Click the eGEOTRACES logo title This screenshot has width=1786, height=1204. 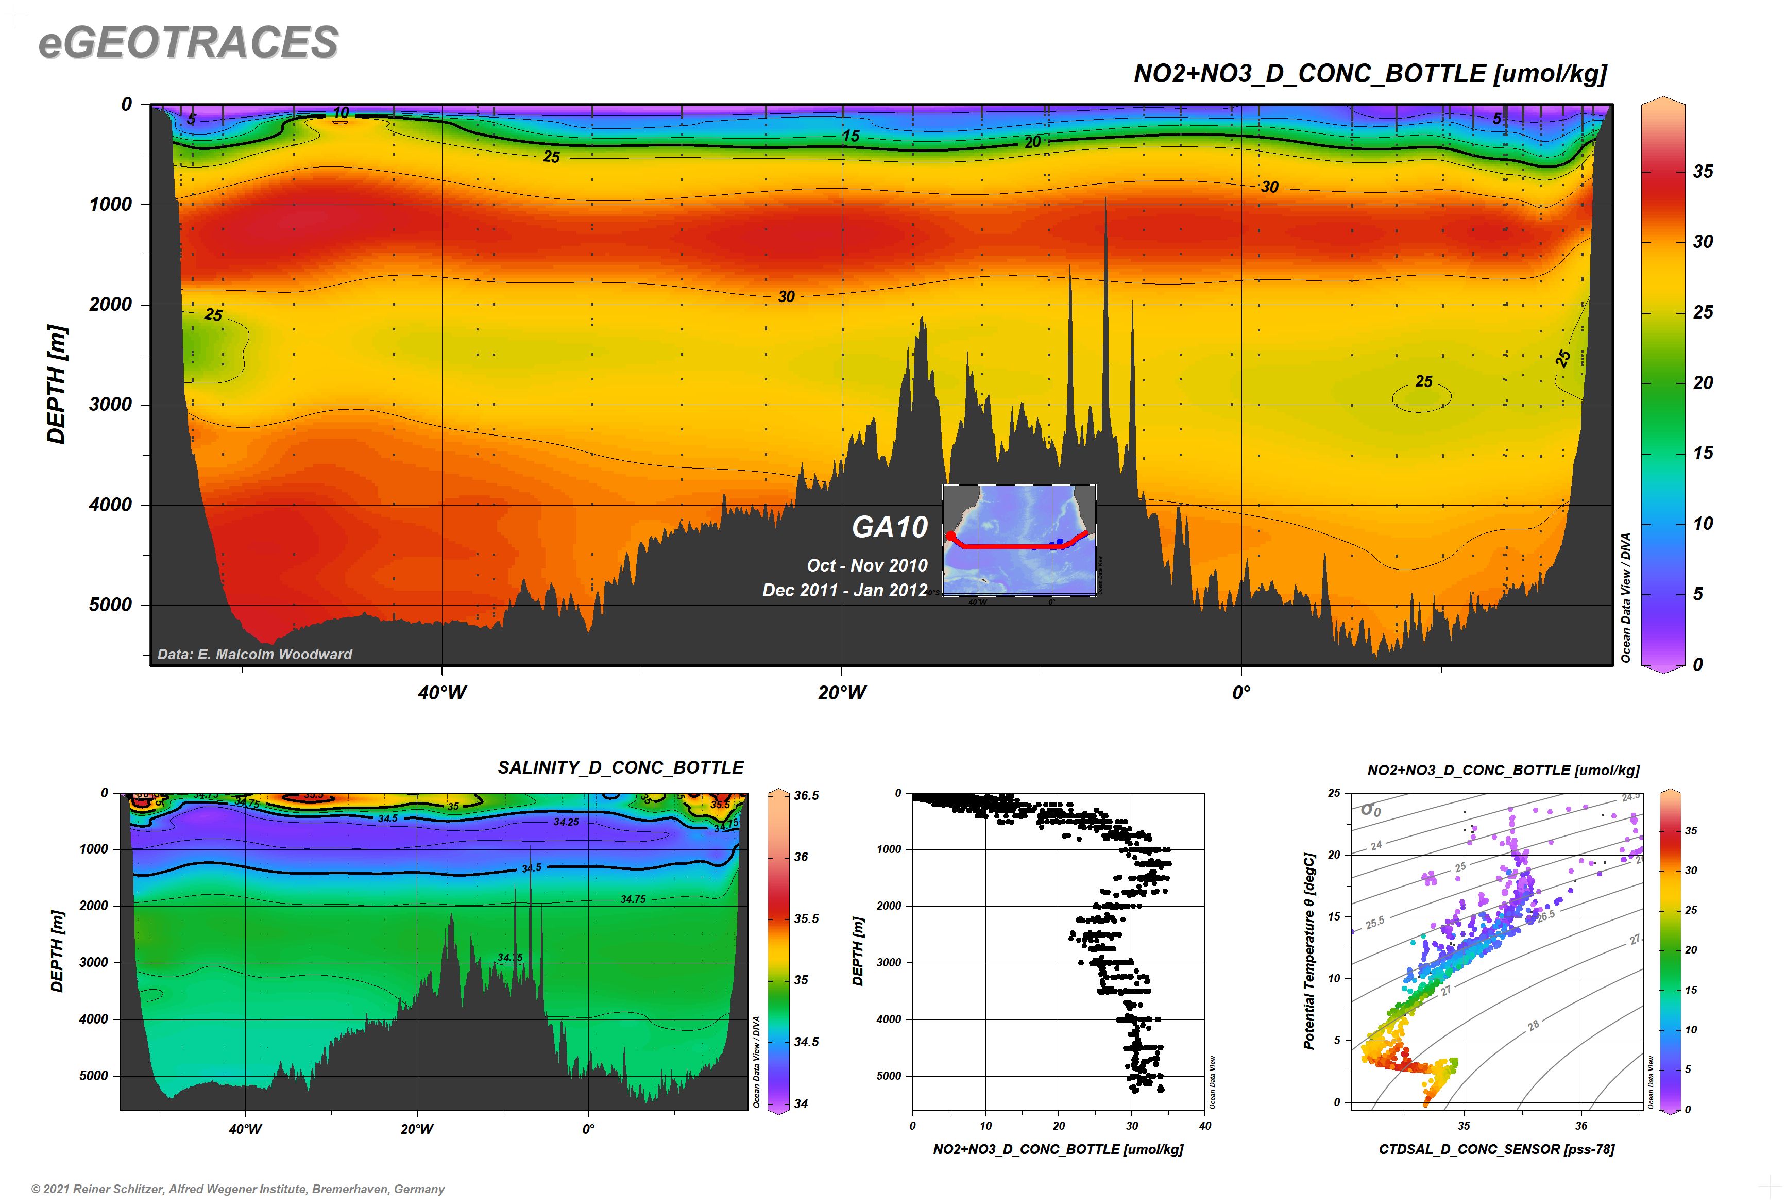(x=188, y=42)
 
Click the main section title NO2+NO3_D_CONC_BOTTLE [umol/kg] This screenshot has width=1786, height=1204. (x=1369, y=74)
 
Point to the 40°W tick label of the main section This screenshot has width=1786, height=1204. (x=442, y=693)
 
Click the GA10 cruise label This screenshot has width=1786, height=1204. (x=890, y=527)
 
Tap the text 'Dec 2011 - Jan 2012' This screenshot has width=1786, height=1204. (x=844, y=591)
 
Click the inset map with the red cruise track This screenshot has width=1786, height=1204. (x=1019, y=540)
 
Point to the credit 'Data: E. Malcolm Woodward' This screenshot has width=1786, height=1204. (x=255, y=654)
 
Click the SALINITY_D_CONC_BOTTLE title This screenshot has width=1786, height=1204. (x=620, y=768)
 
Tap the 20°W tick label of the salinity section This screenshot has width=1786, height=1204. (x=417, y=1129)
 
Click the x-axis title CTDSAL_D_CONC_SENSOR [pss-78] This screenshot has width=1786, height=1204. (x=1496, y=1149)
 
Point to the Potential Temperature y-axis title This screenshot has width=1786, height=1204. (x=1309, y=950)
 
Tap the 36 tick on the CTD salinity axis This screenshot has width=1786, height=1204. (x=1581, y=1126)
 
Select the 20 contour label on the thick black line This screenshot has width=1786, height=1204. (x=1032, y=142)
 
